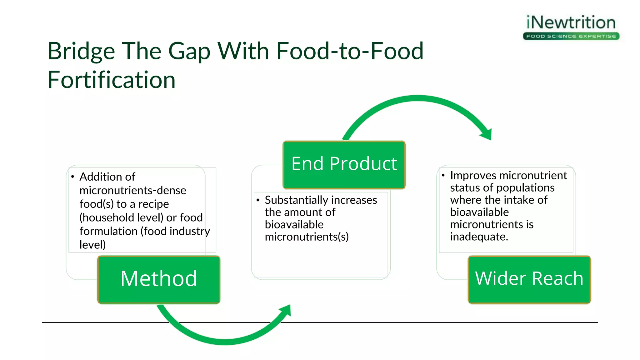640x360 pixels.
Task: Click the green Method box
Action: tap(159, 279)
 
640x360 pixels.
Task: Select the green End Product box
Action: tap(344, 164)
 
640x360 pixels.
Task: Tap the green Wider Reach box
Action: tap(529, 279)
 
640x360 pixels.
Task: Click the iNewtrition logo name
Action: tap(571, 22)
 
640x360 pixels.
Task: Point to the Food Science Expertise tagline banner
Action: tap(571, 36)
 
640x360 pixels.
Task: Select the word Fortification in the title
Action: tap(111, 80)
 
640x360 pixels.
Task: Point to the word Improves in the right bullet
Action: tap(472, 176)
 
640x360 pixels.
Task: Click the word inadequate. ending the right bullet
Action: tap(479, 237)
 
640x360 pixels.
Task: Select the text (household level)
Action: tap(121, 217)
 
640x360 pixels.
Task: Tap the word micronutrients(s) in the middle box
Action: tap(307, 237)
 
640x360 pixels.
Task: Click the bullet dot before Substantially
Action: tap(258, 200)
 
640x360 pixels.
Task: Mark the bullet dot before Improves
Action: tap(443, 175)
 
